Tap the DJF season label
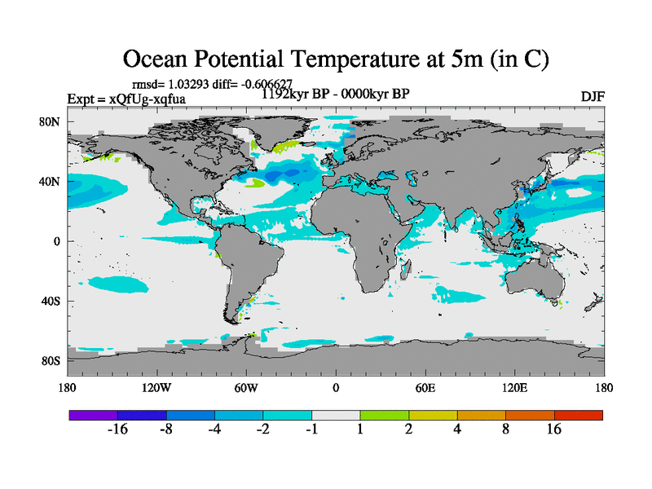tap(593, 96)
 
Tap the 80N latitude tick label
tap(51, 122)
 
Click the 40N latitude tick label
tap(51, 182)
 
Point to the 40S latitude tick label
tap(51, 301)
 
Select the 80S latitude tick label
tap(51, 360)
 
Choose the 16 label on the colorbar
tap(554, 430)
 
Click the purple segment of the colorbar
tap(93, 415)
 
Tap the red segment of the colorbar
tap(579, 415)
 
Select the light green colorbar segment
tap(385, 415)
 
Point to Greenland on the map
tap(281, 130)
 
